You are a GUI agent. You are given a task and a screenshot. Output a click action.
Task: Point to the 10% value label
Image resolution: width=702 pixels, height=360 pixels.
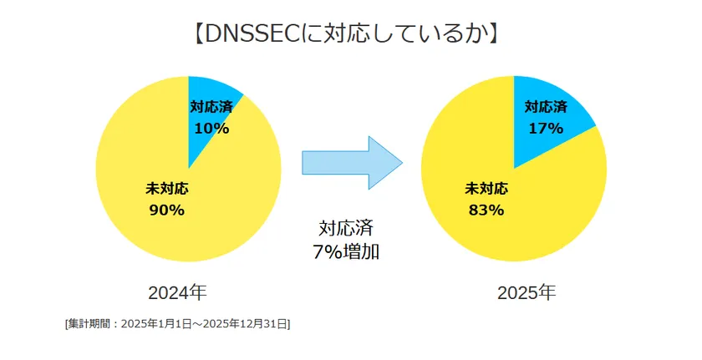click(x=211, y=128)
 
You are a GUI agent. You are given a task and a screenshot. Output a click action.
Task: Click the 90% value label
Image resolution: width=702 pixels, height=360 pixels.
click(x=166, y=210)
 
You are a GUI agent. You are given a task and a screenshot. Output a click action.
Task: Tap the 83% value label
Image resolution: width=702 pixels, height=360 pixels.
click(x=486, y=210)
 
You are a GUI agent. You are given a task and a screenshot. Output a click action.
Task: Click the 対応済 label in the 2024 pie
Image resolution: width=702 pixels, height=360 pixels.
click(x=211, y=107)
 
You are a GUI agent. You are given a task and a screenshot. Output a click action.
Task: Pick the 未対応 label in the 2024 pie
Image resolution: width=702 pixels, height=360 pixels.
click(x=166, y=189)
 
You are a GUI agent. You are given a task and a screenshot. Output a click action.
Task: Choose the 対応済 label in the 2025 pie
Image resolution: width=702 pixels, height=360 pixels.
click(x=546, y=107)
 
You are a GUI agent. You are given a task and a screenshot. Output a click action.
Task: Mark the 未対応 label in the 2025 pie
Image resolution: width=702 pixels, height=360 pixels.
click(x=486, y=189)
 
